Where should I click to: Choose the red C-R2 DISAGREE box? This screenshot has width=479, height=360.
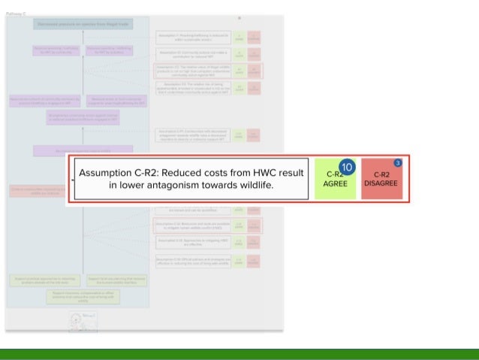(x=382, y=178)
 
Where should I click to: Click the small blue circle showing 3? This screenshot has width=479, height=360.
(x=398, y=162)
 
